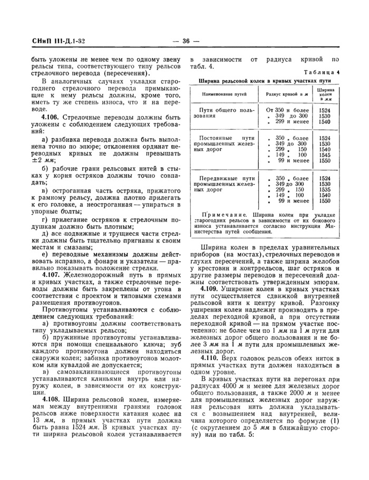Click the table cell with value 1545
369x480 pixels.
click(325, 155)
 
